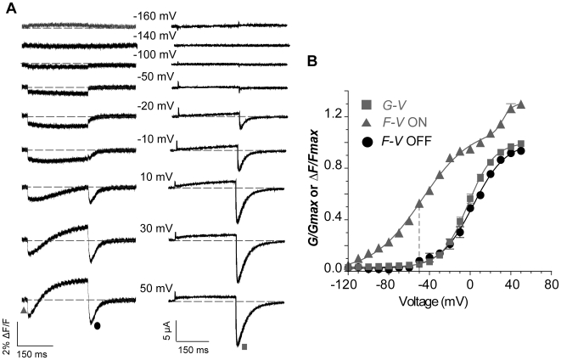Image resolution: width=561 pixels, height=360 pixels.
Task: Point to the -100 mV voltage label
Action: point(154,54)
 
